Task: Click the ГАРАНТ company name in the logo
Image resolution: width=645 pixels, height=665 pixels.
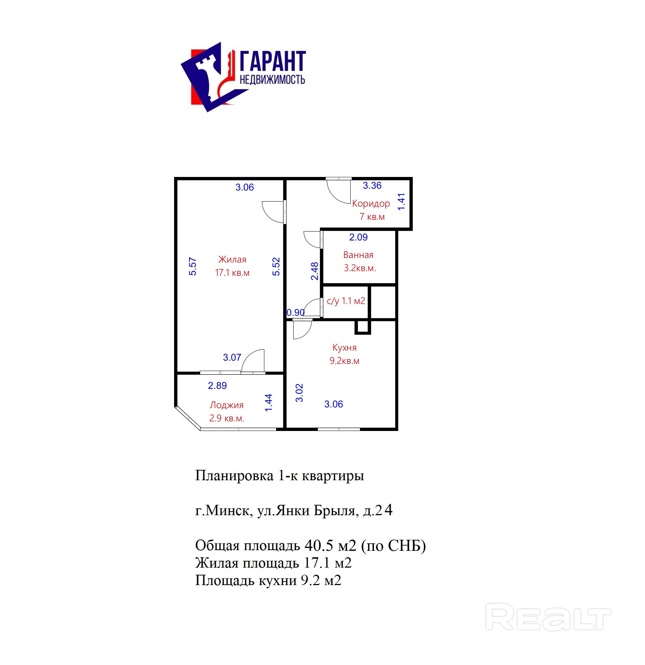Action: click(273, 61)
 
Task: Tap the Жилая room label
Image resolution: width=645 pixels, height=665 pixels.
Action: click(232, 259)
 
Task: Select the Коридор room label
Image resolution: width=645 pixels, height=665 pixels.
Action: click(371, 203)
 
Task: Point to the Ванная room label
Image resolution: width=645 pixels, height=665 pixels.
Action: click(358, 255)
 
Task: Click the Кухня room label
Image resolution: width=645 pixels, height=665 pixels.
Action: click(344, 347)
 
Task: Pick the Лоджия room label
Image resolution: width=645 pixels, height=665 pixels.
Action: click(227, 405)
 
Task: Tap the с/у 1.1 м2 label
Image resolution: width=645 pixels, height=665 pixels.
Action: click(346, 301)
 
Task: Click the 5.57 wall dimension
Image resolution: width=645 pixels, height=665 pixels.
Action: click(193, 266)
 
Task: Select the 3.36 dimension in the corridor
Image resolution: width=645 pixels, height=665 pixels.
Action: click(372, 186)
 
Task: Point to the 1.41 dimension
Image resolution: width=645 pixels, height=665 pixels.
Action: click(401, 202)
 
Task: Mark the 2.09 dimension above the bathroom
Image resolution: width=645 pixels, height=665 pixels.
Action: click(358, 237)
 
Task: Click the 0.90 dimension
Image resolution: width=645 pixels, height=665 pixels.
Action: click(296, 313)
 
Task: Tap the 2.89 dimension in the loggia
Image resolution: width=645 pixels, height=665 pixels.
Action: click(217, 385)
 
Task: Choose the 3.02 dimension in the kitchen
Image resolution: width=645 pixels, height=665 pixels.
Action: click(299, 393)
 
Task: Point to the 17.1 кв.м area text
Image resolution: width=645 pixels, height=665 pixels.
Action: click(232, 273)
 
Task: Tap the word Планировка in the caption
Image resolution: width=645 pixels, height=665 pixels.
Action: click(234, 476)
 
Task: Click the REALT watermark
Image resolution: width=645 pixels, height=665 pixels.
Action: click(548, 616)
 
